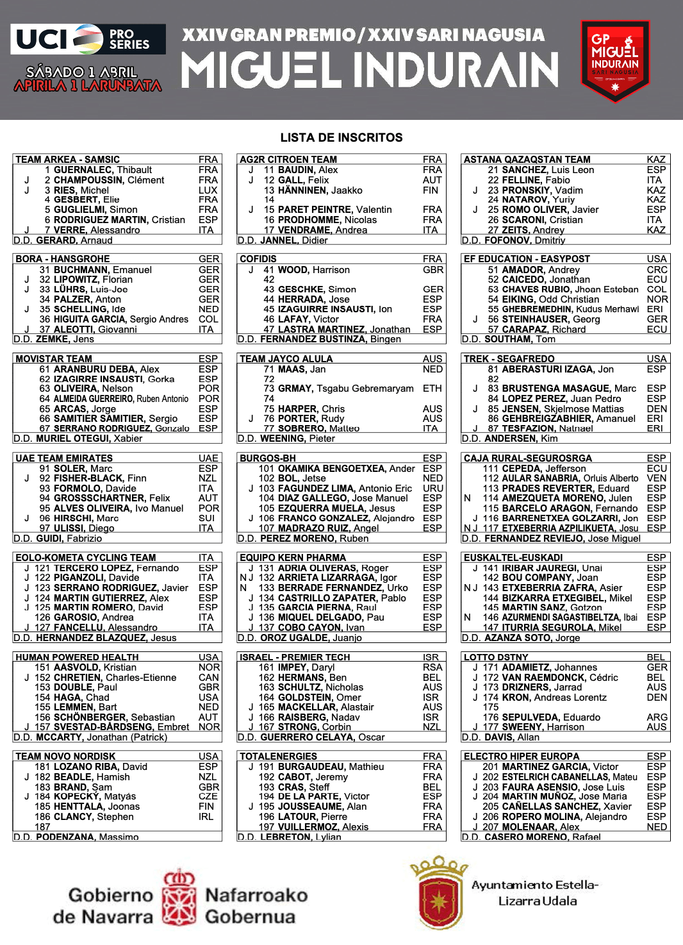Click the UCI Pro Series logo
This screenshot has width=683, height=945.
coord(88,39)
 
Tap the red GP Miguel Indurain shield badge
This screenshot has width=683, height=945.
coord(614,61)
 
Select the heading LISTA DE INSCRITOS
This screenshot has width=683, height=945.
coord(341,138)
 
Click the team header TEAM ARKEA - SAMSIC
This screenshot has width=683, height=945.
coord(67,160)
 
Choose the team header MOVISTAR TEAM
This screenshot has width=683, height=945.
coord(54,359)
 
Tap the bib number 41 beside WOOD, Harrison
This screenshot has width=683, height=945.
coord(268,270)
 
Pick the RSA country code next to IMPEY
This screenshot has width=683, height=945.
coord(432,667)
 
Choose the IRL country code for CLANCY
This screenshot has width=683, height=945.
coord(206,817)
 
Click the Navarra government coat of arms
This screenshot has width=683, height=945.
coord(179,898)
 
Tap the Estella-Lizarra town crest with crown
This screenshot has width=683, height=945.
coord(439,892)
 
